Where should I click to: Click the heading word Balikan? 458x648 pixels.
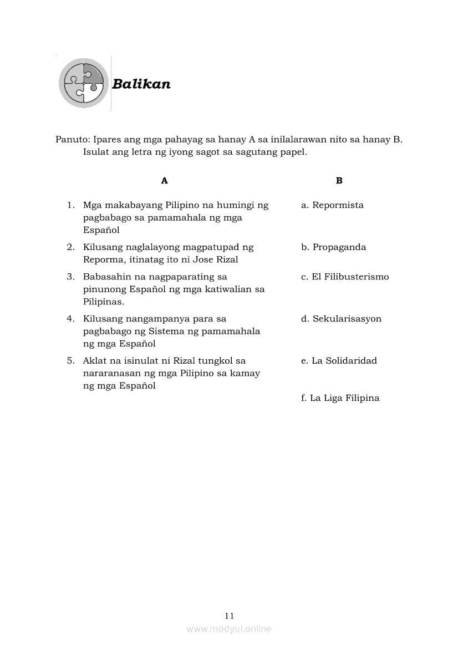141,84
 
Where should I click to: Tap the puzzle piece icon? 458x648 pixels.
84,83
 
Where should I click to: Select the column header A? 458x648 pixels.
164,181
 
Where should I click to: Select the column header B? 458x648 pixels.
339,181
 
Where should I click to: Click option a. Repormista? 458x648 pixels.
332,205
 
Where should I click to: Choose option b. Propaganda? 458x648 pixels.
333,247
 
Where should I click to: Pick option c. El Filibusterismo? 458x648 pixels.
345,277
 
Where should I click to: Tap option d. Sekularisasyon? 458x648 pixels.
341,319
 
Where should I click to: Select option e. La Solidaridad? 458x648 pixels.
339,361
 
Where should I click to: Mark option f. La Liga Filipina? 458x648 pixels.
340,398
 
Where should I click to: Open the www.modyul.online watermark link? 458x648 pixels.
229,629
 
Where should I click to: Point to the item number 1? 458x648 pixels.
70,205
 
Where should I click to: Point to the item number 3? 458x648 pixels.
70,277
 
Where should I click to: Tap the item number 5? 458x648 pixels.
70,361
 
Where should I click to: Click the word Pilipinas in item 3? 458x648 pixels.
104,302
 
